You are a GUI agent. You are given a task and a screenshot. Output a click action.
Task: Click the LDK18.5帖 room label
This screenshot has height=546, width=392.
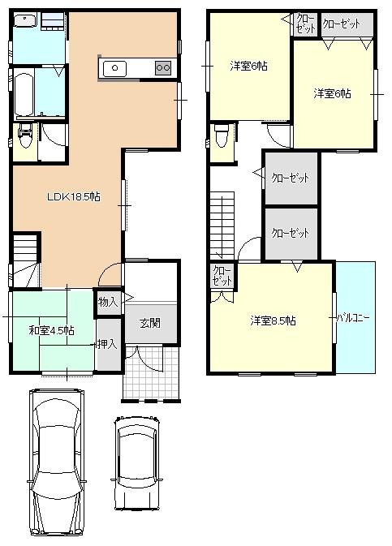point(73,196)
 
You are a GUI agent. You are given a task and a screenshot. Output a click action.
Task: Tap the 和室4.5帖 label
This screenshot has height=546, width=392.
point(52,330)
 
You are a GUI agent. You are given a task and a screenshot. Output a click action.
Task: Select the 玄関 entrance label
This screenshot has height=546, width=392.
point(150,322)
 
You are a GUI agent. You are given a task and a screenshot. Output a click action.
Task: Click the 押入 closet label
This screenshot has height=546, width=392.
point(107,345)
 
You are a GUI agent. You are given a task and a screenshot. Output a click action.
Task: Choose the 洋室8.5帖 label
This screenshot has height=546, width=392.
point(273,320)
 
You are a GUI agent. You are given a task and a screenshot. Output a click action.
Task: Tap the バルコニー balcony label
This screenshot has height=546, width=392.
point(354,317)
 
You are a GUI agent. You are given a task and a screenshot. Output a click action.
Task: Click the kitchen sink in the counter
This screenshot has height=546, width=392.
point(114,68)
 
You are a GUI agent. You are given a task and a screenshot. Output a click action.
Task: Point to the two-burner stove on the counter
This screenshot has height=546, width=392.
point(163,68)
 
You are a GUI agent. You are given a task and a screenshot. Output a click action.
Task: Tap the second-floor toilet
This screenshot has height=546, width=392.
point(220,136)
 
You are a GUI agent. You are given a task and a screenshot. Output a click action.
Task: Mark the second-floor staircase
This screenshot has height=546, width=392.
point(222,223)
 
